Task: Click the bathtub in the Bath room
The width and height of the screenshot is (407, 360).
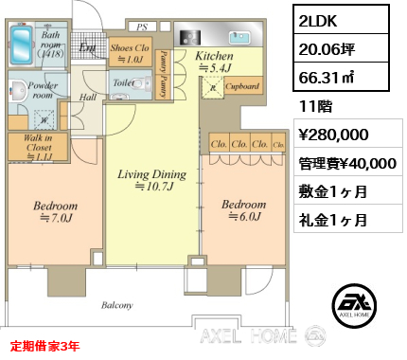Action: point(21,45)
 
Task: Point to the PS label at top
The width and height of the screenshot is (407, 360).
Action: point(143,28)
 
